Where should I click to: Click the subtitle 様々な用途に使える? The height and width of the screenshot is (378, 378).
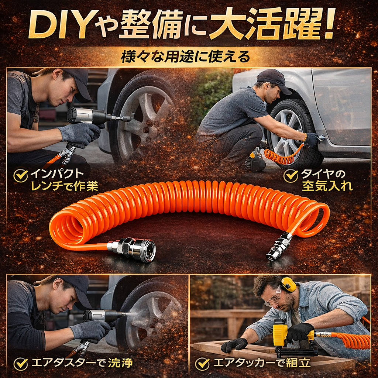(x=185, y=57)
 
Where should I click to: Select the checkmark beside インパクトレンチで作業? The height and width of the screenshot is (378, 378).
(x=21, y=176)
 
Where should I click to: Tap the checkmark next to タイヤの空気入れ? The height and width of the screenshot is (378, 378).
(x=291, y=176)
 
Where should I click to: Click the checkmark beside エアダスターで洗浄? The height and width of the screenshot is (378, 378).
(x=21, y=363)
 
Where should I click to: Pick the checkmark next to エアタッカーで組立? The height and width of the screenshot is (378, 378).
(x=202, y=363)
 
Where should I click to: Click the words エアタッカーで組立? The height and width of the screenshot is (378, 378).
(x=262, y=363)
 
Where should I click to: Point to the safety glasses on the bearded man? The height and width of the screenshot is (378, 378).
(x=274, y=298)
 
